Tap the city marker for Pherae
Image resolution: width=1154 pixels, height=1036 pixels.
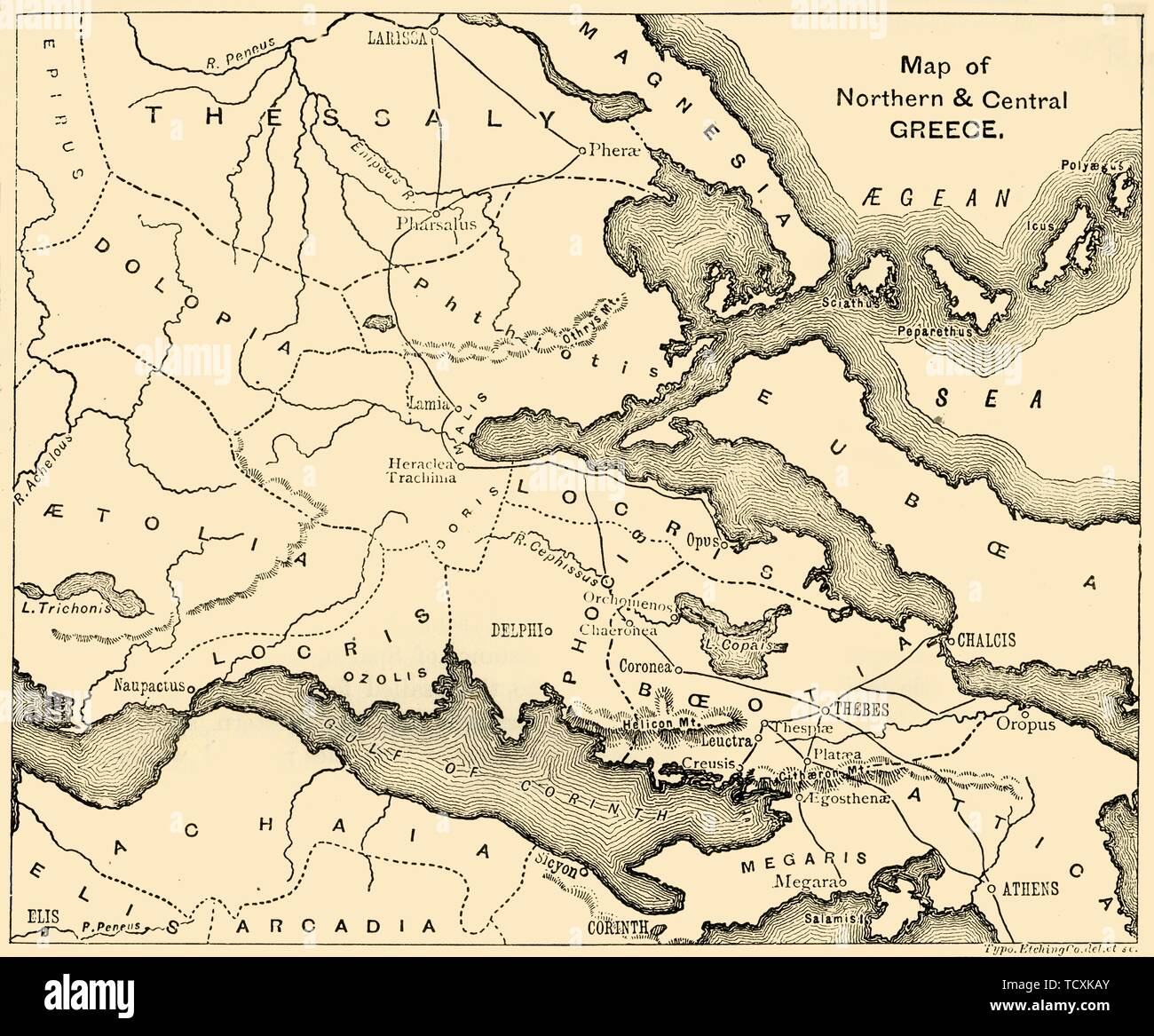581,150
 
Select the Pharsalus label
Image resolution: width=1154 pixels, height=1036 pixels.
437,224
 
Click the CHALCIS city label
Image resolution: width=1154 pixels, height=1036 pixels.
986,640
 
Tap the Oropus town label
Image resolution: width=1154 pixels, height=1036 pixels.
1051,725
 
